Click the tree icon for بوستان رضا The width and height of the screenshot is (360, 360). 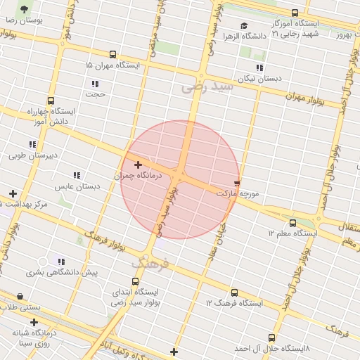point(25,9)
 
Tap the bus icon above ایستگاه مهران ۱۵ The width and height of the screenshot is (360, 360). point(113,54)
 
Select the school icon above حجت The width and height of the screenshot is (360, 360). point(94,83)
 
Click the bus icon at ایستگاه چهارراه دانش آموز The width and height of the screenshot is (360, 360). point(50,101)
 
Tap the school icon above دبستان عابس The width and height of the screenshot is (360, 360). point(77,175)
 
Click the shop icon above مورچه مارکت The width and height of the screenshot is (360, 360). point(236,181)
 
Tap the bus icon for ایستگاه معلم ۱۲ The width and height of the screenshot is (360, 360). point(293,223)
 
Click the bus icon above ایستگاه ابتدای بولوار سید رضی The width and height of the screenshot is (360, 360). point(136,281)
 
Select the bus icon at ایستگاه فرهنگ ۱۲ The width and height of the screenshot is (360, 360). point(234,293)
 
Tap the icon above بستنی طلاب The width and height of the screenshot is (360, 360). point(19,297)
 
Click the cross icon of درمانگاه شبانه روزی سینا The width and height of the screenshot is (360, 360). point(34,323)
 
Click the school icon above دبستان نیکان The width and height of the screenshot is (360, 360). point(259,68)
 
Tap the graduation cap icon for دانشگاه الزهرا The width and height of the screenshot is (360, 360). point(244,26)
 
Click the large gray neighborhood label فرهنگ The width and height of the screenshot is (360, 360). point(149,264)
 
